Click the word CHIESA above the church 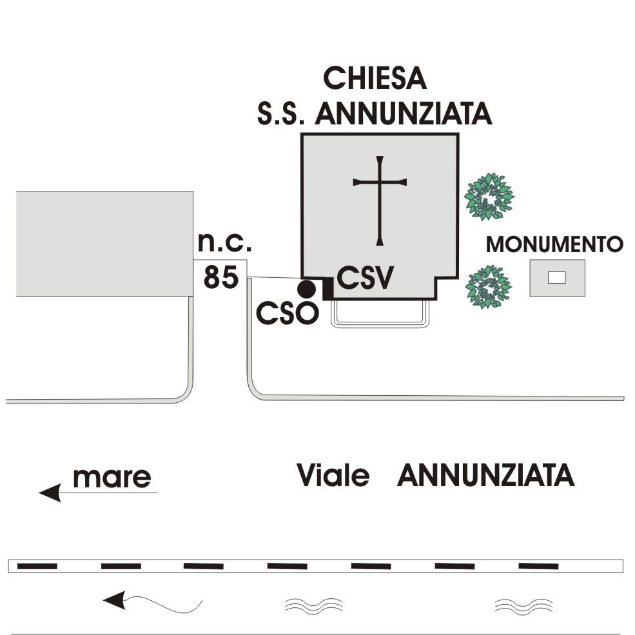point(375,78)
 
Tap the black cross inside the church point(380,200)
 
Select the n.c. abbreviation point(224,243)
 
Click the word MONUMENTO point(554,244)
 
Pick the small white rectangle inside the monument point(556,278)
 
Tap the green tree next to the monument point(488,286)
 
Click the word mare point(112,478)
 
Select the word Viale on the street point(333,476)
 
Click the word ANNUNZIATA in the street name point(485,476)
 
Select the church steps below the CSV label point(380,315)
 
